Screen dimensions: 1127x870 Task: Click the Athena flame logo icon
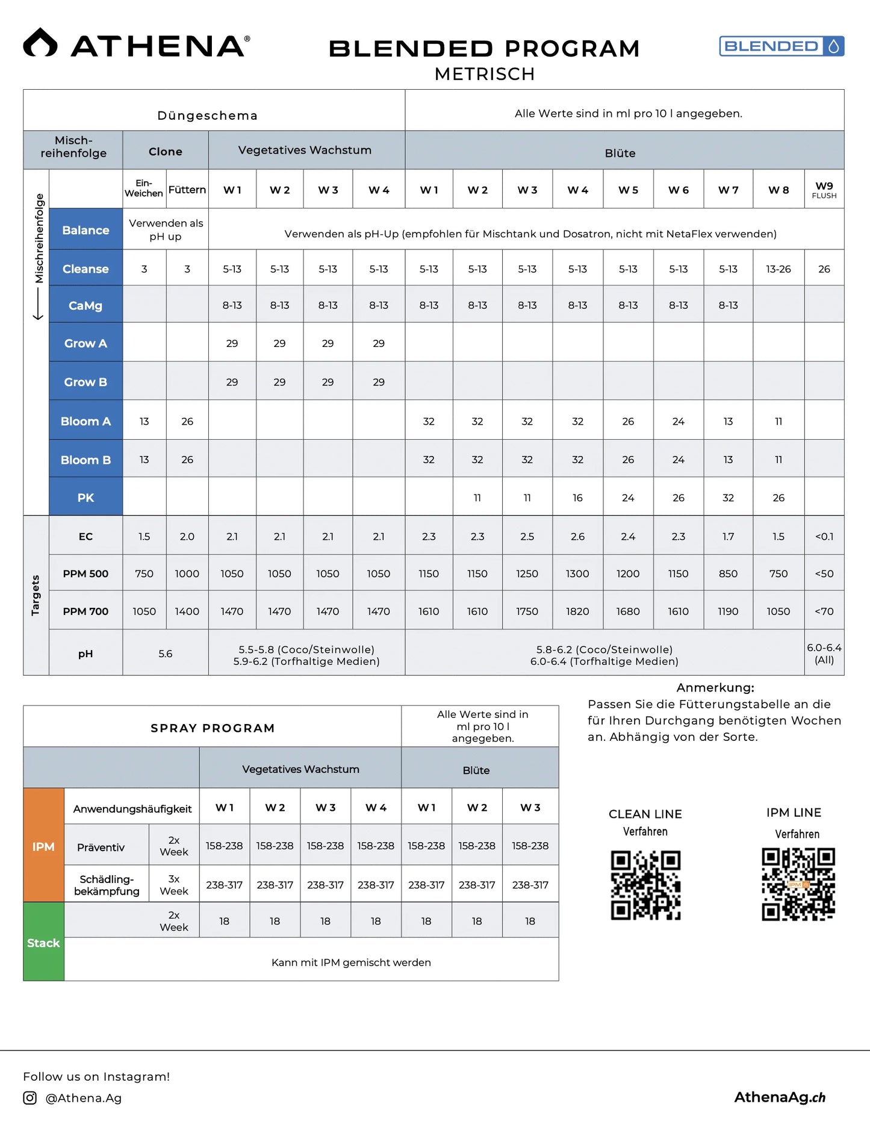point(40,43)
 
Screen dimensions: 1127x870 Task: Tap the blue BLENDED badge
point(781,46)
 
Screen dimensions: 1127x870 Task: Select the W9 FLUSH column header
point(824,190)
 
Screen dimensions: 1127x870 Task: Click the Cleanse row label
point(85,269)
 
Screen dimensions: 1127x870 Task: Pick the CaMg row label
point(85,305)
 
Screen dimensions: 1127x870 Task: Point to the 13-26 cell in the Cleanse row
point(778,269)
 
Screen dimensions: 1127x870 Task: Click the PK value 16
point(577,498)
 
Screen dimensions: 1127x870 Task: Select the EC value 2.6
point(577,536)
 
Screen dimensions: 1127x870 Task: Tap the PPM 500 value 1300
point(577,573)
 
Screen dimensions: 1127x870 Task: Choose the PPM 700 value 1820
point(577,611)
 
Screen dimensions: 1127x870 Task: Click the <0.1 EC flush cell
point(824,536)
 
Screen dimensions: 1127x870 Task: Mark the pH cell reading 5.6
point(166,654)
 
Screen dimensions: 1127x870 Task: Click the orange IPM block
point(43,846)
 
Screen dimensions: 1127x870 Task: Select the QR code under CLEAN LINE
point(645,885)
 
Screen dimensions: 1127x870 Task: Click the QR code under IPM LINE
point(798,884)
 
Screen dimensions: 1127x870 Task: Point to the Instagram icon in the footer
point(30,1097)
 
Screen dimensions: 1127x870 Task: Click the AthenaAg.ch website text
point(780,1097)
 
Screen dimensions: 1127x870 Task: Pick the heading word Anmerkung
point(715,687)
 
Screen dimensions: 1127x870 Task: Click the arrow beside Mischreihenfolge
point(38,304)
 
